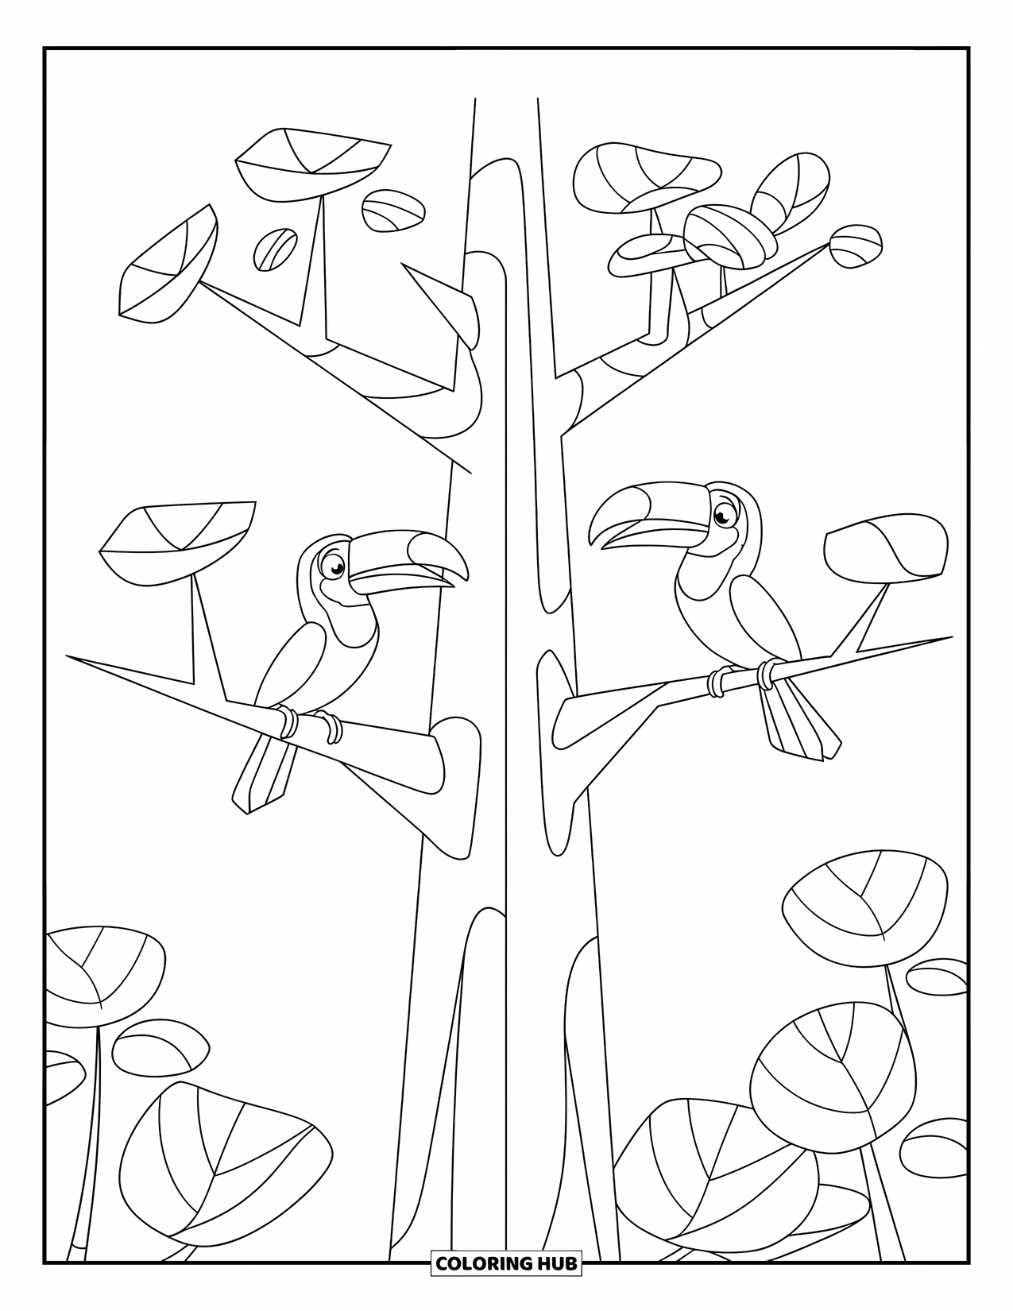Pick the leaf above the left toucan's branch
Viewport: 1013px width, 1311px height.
point(179,537)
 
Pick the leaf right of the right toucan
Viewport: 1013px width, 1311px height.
point(886,549)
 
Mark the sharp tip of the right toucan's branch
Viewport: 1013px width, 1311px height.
point(950,636)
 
